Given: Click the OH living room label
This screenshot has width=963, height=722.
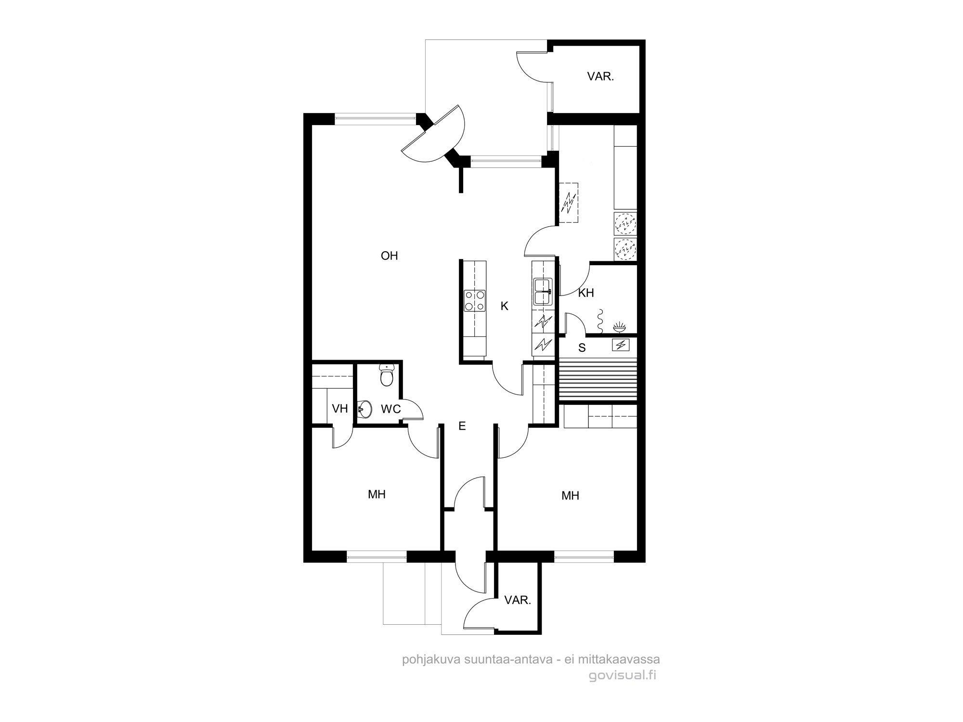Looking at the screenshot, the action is click(389, 256).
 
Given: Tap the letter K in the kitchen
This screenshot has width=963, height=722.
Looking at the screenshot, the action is click(504, 306).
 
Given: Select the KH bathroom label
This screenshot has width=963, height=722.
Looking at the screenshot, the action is click(586, 293).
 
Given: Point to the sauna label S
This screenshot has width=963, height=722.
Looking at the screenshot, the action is click(582, 348).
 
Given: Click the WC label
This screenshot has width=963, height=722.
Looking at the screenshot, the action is click(390, 409).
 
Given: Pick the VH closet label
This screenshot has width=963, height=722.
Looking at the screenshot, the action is click(340, 409).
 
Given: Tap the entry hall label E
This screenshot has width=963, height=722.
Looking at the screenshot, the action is click(462, 426).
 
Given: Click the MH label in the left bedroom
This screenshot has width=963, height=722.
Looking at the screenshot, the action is click(377, 494).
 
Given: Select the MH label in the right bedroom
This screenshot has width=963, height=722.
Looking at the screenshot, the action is click(570, 496).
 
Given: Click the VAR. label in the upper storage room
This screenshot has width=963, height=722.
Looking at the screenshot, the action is click(600, 76).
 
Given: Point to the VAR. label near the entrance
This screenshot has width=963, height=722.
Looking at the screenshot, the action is click(518, 600).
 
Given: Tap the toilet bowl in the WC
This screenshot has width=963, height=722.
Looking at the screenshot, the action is click(387, 375).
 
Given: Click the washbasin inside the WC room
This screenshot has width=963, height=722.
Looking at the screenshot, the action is click(364, 410).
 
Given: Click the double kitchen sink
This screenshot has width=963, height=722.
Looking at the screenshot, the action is click(543, 292).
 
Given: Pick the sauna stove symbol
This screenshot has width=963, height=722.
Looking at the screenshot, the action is click(620, 345).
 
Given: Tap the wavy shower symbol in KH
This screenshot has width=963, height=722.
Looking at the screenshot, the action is click(600, 321).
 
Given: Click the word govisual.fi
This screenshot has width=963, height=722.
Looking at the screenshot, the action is click(623, 675).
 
